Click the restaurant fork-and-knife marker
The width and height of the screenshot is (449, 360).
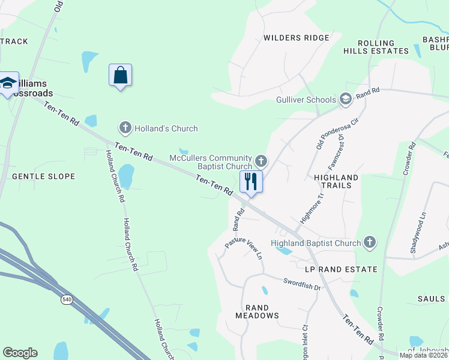click(251, 181)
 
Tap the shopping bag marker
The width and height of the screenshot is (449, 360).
click(120, 76)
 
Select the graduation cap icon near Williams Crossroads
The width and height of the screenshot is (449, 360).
click(8, 83)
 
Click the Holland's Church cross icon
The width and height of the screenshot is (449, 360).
click(125, 127)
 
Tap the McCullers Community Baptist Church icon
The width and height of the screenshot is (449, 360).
click(261, 161)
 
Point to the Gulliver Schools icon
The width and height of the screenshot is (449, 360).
click(345, 98)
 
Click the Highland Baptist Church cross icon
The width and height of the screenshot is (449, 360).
click(370, 242)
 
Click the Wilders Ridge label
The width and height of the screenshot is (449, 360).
click(297, 38)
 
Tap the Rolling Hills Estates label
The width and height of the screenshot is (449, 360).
click(377, 47)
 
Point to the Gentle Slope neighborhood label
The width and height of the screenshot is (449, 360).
click(44, 176)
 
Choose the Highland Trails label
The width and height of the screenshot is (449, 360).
click(336, 181)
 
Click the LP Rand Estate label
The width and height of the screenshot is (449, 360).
click(341, 269)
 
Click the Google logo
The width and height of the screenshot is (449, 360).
click(20, 353)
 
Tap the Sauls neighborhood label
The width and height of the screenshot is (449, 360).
click(432, 298)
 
